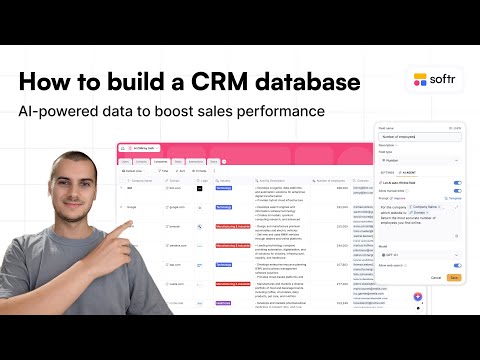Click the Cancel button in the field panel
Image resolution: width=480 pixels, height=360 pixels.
[436, 277]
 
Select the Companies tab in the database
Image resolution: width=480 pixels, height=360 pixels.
[160, 160]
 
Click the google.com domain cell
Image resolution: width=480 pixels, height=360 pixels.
[175, 206]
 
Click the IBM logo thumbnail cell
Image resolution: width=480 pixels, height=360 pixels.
[200, 187]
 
